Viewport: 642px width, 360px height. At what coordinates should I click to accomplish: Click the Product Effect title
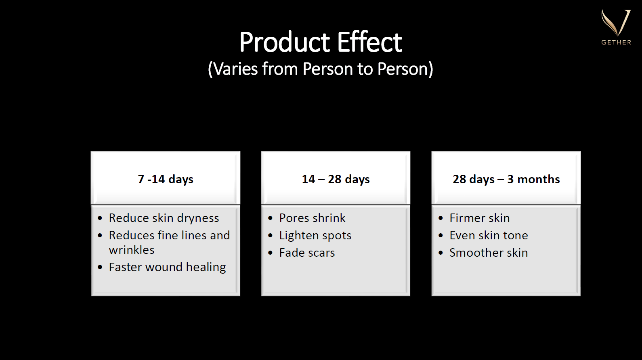click(321, 42)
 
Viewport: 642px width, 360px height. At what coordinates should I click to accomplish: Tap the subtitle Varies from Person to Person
click(321, 69)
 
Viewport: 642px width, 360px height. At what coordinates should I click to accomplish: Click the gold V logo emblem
click(616, 23)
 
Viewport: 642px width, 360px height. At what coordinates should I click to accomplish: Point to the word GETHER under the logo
click(616, 42)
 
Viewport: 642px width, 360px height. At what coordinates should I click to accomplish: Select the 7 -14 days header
click(166, 179)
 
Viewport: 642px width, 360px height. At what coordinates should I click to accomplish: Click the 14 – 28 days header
click(336, 179)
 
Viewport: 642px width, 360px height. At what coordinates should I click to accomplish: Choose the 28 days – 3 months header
click(506, 179)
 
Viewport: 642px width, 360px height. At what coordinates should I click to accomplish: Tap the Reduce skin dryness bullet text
click(164, 218)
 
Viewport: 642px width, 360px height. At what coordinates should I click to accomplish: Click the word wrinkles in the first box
click(132, 250)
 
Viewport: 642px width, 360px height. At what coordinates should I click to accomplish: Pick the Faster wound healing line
click(168, 267)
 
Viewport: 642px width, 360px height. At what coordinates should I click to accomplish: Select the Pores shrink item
click(313, 218)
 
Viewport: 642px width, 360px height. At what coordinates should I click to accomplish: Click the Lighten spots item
click(315, 236)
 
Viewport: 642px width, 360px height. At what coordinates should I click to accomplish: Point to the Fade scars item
click(307, 253)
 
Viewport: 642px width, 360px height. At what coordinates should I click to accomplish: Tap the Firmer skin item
click(480, 218)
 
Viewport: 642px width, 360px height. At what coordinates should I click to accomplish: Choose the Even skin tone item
click(489, 235)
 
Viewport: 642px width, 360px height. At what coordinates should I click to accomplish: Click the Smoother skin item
click(489, 253)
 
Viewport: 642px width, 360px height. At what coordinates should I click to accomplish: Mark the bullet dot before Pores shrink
click(270, 218)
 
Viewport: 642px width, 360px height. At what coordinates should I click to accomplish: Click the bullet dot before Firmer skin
click(441, 218)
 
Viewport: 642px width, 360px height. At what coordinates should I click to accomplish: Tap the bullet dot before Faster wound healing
click(100, 268)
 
